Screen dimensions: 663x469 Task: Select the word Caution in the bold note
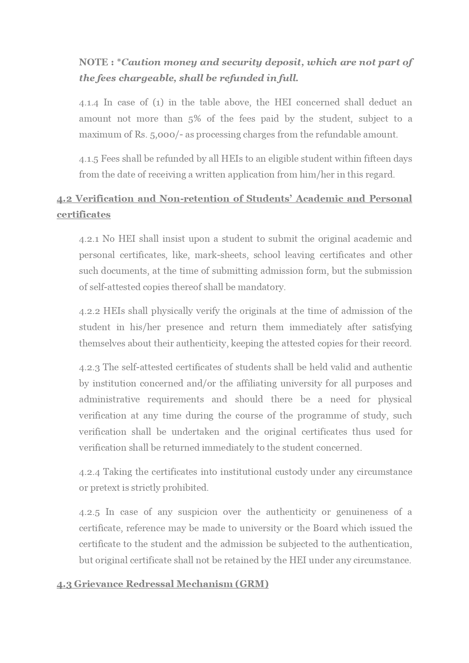[x=138, y=62]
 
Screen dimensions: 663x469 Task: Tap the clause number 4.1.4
[x=89, y=103]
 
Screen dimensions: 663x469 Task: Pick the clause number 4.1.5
[x=88, y=159]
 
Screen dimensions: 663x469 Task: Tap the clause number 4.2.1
[x=89, y=239]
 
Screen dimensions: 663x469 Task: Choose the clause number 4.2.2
[x=89, y=311]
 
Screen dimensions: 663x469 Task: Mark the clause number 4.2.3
[x=89, y=368]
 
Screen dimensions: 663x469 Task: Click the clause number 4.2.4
[x=89, y=472]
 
